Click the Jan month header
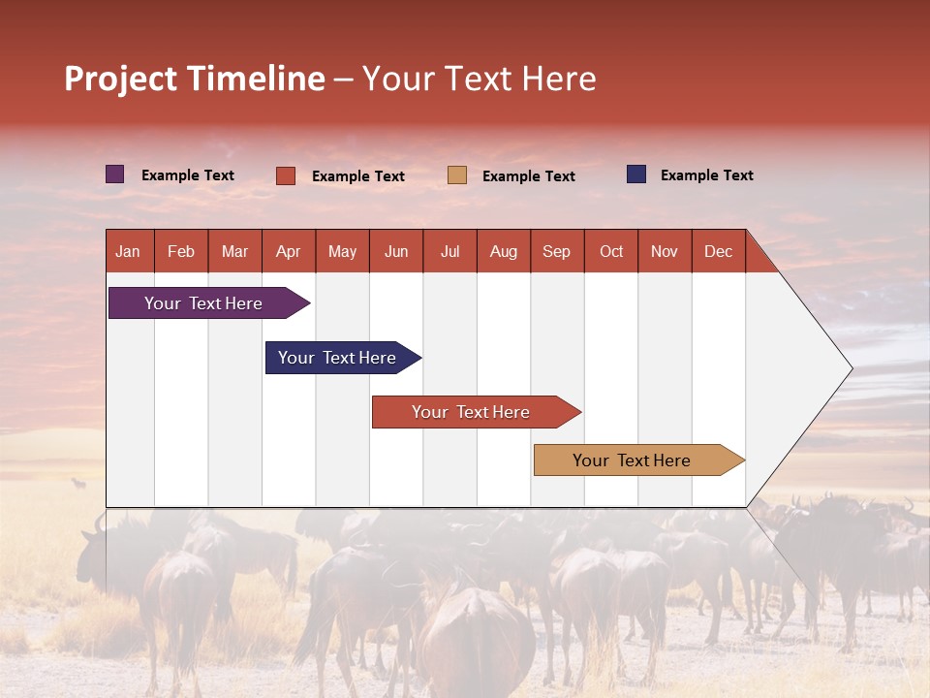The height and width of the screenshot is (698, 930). coord(129,251)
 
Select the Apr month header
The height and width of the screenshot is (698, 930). coord(289,251)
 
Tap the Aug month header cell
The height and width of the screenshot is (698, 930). coord(504,251)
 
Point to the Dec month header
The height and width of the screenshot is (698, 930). coord(719,251)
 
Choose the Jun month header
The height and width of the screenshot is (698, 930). coord(396,251)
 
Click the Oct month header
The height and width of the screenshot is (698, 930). coord(611,251)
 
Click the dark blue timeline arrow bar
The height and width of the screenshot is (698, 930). coord(339,358)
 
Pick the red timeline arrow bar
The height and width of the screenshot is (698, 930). coord(473,412)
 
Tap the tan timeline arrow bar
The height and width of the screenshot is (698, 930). coord(635,460)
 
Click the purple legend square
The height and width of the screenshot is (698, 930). coord(114,174)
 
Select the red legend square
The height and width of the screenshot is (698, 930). coord(285,175)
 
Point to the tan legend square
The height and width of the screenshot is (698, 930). coord(457,175)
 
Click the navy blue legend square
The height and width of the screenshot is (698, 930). coord(635,174)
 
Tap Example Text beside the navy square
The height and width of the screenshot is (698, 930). coord(706,175)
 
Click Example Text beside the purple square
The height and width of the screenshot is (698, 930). coord(188,175)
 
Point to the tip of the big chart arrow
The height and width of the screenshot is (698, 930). coord(850,368)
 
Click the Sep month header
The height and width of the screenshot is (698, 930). coord(557,251)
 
